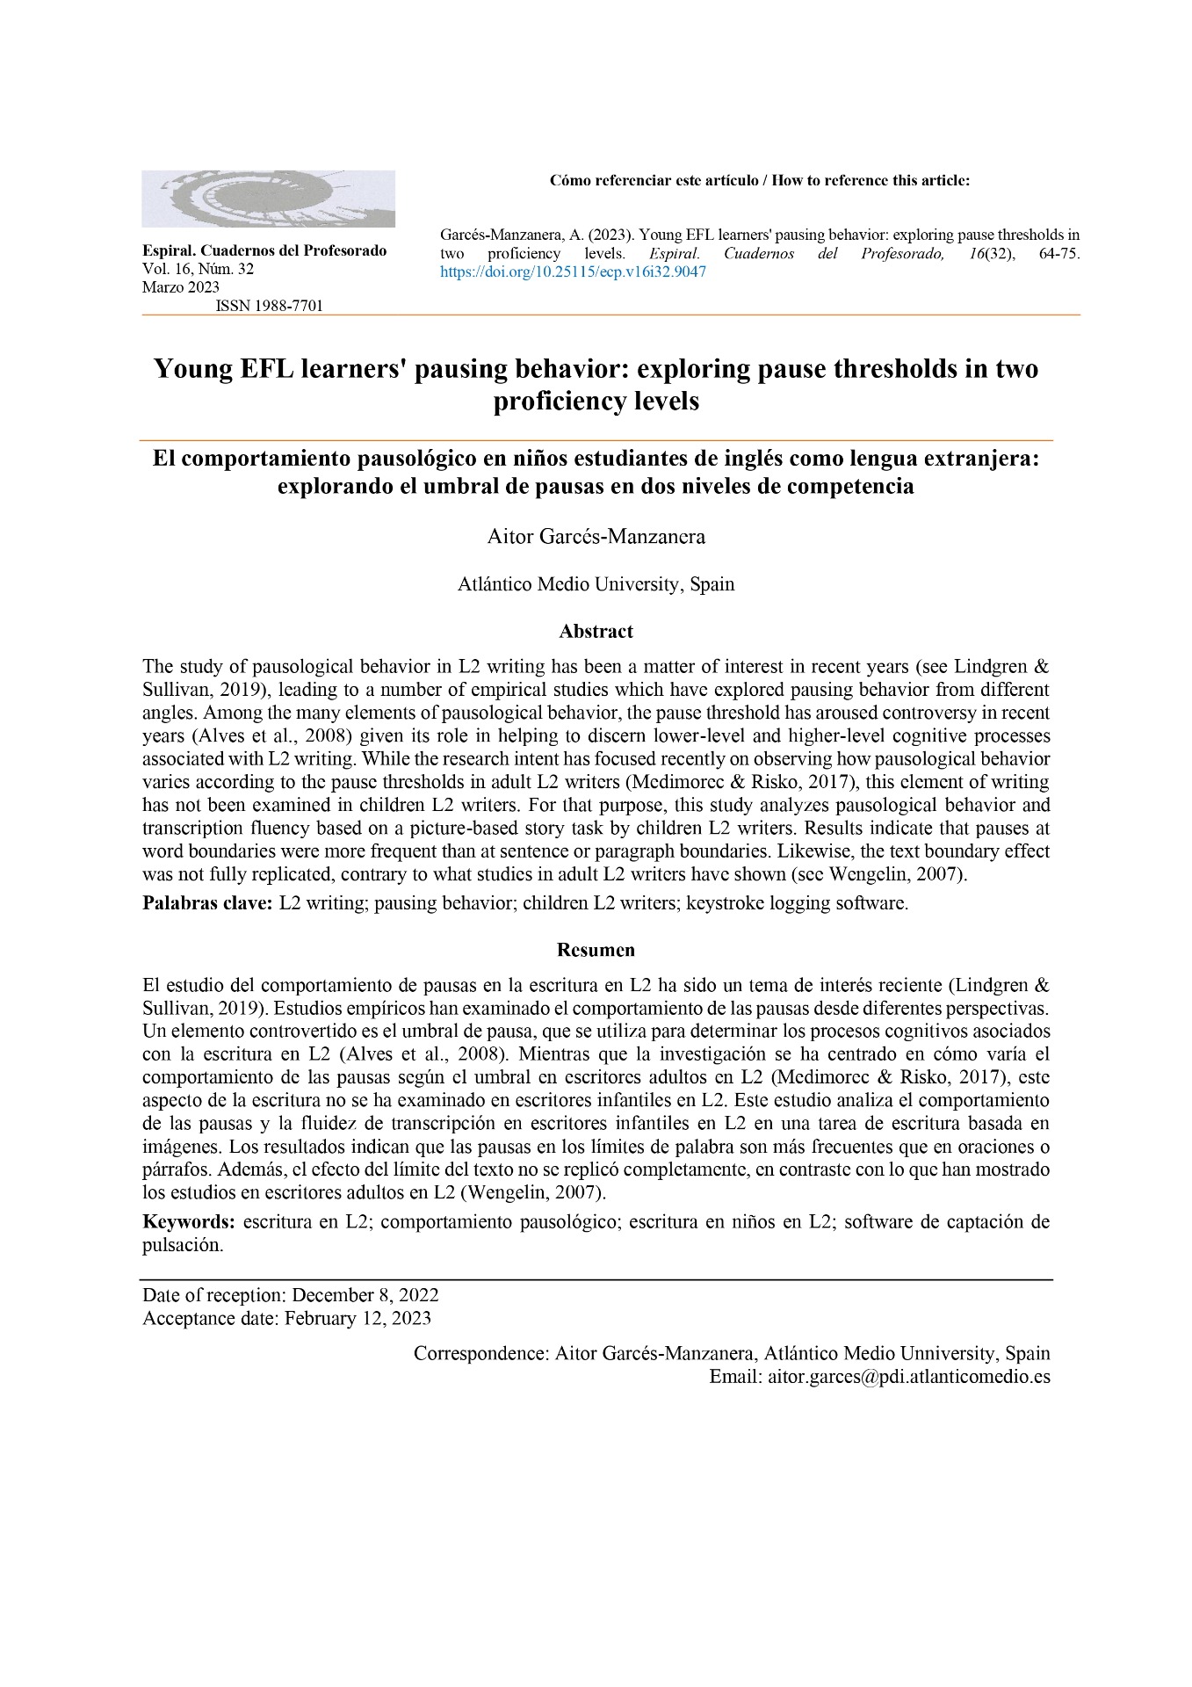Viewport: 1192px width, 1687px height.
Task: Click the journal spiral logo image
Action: point(268,199)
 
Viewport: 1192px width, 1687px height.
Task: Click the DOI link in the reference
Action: point(573,272)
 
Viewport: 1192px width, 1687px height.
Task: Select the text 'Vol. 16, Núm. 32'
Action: point(198,269)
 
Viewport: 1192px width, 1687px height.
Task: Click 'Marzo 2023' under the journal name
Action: point(181,287)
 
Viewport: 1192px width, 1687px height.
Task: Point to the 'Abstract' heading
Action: point(596,632)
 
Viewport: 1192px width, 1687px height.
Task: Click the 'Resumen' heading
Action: point(596,950)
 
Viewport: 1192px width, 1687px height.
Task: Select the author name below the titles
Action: point(596,537)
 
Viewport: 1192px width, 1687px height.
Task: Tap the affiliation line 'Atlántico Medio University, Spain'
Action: point(596,584)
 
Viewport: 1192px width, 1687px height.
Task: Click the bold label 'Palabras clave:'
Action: point(207,903)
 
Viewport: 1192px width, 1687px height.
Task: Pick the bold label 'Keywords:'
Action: point(188,1222)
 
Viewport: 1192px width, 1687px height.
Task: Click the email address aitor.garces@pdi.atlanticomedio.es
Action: point(908,1377)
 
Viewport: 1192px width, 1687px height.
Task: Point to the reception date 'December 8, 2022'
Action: point(365,1295)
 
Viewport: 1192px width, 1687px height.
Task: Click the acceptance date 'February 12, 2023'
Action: point(358,1318)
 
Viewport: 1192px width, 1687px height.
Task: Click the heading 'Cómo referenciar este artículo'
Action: point(654,181)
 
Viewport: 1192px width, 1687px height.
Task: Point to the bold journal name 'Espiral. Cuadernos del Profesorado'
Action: point(264,250)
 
